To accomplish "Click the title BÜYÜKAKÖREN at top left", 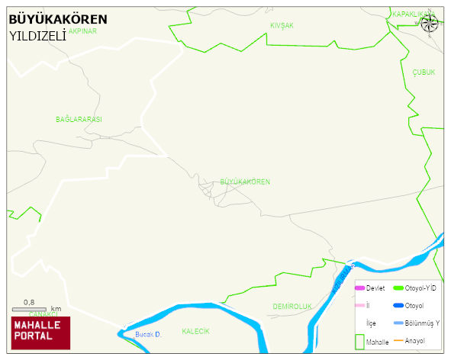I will tap(58, 19).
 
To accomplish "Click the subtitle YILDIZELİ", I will tap(37, 35).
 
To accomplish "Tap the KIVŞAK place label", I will tap(282, 26).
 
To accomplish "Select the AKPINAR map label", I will tap(83, 32).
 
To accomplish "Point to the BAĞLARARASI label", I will tap(79, 120).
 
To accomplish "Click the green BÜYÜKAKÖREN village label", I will tap(244, 182).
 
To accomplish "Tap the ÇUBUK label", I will tap(424, 72).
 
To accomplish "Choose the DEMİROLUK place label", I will tap(293, 307).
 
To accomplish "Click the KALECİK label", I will tap(195, 332).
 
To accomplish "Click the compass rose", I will tap(430, 23).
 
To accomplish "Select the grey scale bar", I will tap(36, 310).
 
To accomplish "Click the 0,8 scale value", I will tap(30, 302).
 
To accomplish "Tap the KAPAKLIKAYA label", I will tap(411, 14).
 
